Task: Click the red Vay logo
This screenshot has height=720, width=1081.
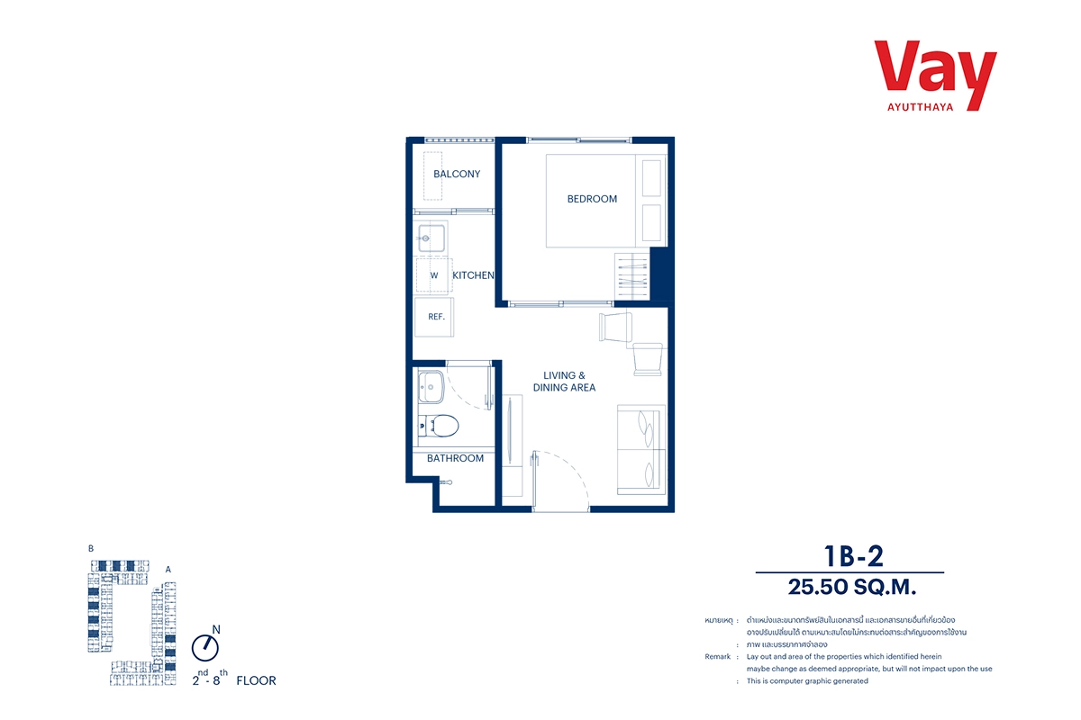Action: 935,72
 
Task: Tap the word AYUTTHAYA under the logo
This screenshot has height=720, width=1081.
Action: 921,107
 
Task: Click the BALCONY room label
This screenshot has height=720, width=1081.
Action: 457,174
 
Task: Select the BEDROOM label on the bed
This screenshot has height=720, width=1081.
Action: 592,199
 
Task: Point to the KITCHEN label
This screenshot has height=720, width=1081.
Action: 473,275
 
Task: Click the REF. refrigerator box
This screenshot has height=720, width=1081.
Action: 434,317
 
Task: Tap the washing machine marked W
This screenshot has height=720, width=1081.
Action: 434,275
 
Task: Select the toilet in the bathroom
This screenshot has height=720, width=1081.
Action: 438,426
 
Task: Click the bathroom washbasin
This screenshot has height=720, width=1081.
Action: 431,387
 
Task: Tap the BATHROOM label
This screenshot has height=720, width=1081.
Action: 455,459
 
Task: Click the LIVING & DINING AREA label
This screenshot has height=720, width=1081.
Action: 564,382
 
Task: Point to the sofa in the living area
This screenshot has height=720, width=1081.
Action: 641,450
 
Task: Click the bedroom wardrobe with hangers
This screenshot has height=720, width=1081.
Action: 632,276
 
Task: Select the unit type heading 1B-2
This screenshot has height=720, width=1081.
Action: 854,556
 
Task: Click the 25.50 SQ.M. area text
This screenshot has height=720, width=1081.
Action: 852,587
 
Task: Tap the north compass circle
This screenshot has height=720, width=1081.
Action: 205,648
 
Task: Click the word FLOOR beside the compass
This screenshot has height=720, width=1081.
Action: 256,680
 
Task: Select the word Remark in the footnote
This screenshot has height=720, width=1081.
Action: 718,656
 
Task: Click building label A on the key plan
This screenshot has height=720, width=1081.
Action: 168,570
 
